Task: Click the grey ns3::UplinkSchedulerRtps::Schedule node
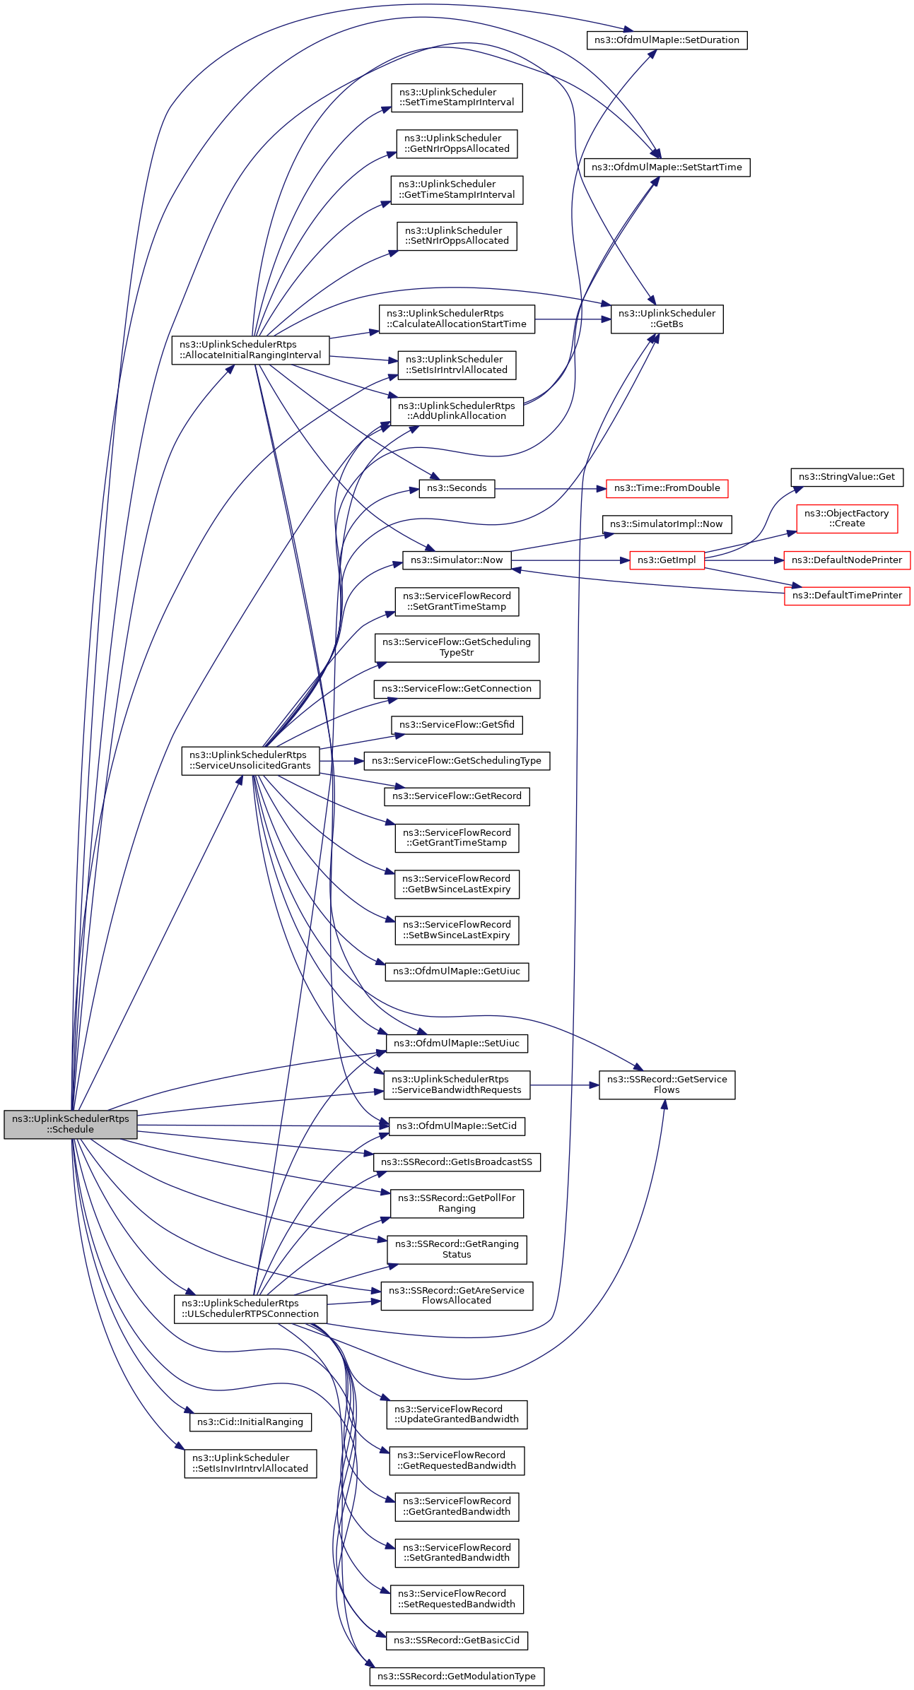coord(71,1123)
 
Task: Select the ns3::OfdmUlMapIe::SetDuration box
coord(667,40)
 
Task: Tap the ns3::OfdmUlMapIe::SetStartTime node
coord(667,167)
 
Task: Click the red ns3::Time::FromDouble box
coord(667,488)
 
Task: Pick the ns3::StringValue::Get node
coord(846,477)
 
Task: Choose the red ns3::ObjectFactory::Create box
coord(846,519)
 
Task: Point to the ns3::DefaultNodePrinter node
coord(846,560)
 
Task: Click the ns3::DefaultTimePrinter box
coord(846,596)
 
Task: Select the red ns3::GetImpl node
coord(667,560)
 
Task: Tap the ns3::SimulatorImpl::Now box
coord(667,524)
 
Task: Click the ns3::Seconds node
coord(457,488)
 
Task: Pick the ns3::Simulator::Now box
coord(457,560)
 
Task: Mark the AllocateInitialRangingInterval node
coord(250,350)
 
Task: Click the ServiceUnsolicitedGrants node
coord(250,760)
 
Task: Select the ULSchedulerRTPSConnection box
coord(250,1308)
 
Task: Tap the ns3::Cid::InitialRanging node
coord(250,1422)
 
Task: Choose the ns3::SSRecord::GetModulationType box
coord(457,1676)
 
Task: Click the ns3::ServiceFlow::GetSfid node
coord(457,725)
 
